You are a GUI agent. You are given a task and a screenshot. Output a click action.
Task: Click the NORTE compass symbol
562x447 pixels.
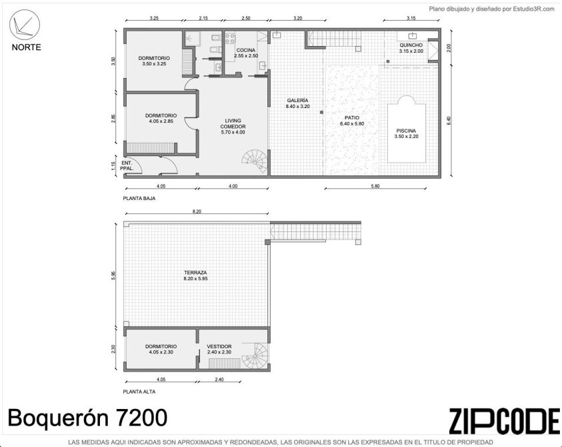click(24, 23)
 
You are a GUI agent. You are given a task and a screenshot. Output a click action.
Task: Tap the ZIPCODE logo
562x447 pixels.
click(505, 421)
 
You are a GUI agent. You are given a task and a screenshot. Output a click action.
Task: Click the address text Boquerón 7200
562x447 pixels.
click(87, 418)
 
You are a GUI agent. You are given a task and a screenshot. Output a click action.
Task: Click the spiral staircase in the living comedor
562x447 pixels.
click(255, 161)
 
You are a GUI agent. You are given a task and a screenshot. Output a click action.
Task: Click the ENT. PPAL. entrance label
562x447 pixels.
click(127, 165)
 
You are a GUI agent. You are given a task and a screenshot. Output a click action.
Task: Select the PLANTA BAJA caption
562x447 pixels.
click(139, 198)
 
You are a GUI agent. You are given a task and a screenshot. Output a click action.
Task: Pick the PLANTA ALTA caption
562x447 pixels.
click(139, 392)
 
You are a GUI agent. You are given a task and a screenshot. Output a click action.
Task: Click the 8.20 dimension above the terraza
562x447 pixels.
click(197, 211)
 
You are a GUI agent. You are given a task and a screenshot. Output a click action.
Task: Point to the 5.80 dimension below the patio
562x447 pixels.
click(375, 186)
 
